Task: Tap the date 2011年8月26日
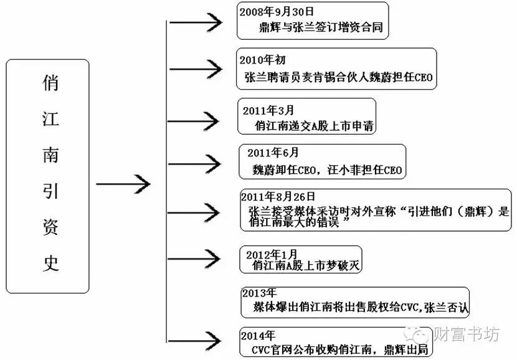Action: click(x=278, y=196)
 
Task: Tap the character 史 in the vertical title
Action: click(x=49, y=263)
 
